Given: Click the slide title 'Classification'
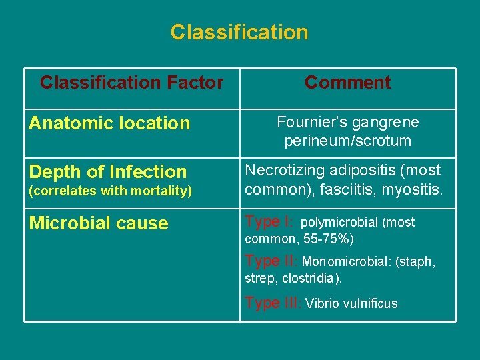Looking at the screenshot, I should (239, 32).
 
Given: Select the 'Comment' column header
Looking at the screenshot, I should (347, 83).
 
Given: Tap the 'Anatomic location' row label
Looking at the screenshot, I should (109, 123).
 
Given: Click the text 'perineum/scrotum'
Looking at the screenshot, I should (347, 141).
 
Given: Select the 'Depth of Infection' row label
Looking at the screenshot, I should (108, 172).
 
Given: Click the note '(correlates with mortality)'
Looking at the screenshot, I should (110, 191).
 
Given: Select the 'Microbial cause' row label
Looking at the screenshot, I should (99, 223).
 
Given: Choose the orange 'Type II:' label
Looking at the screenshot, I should (271, 261).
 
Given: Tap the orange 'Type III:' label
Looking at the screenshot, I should (273, 303).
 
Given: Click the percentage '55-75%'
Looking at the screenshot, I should (327, 239).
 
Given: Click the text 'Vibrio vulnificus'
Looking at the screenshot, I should (351, 304).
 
